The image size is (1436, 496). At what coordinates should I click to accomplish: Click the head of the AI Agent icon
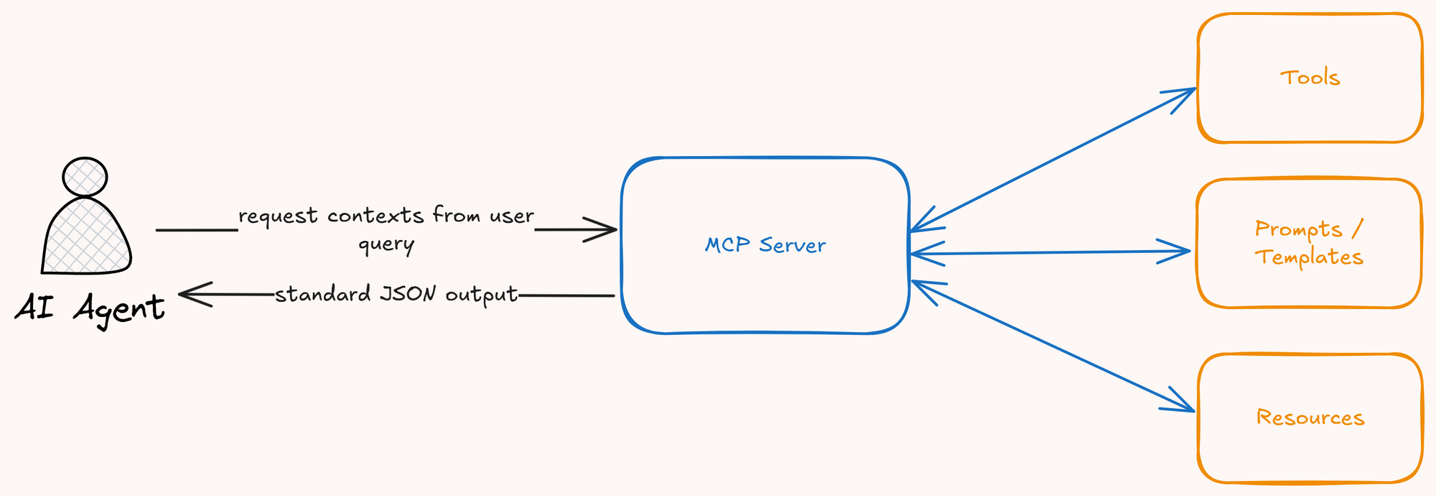tap(85, 176)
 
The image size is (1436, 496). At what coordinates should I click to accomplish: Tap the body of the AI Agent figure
tap(87, 237)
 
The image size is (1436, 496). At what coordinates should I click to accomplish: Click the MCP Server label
tap(765, 245)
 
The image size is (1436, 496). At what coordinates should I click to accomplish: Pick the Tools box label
tap(1310, 78)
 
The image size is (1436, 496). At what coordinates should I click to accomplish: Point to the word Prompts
tap(1298, 229)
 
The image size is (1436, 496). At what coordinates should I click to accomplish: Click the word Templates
tap(1309, 257)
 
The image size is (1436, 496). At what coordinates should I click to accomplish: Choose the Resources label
tap(1310, 418)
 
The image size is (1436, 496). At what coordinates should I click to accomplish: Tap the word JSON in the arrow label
tap(408, 294)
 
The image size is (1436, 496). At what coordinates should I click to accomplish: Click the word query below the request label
tap(386, 244)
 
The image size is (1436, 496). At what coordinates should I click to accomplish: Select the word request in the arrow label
tap(278, 216)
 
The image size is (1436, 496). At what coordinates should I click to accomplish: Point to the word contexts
tap(376, 216)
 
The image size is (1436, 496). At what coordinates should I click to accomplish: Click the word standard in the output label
tap(322, 294)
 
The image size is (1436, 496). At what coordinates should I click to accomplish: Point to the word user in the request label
tap(512, 216)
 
